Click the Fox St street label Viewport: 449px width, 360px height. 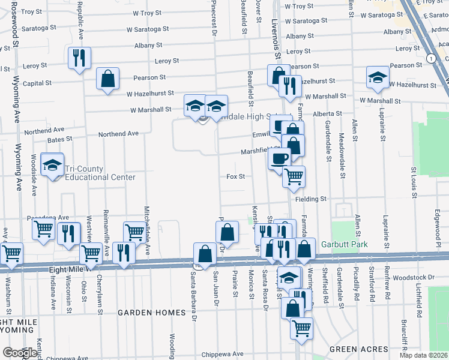coord(236,176)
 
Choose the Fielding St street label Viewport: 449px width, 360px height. coord(310,199)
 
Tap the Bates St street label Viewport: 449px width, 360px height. coord(60,139)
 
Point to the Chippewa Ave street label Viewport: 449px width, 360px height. coord(218,354)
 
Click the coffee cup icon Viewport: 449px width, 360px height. coord(280,158)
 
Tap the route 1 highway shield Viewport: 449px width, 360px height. coord(431,58)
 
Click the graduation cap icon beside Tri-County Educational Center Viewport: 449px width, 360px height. coord(53,165)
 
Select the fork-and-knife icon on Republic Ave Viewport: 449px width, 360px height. coord(79,58)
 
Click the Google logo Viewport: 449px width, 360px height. coord(19,353)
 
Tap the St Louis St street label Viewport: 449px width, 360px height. coord(413,179)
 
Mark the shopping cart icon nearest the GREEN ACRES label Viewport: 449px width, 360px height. coord(301,328)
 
